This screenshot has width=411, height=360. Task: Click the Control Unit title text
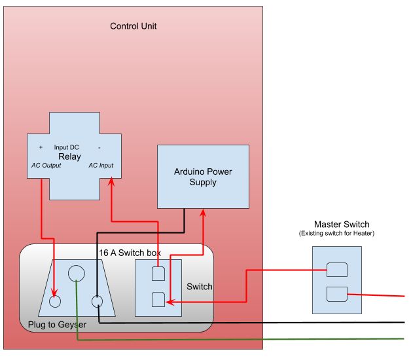coord(133,26)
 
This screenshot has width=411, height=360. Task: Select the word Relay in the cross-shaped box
coord(69,156)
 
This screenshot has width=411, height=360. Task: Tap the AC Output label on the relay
coord(46,166)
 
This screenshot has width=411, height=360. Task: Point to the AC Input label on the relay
coord(100,166)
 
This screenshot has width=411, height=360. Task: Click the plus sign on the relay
coord(41,147)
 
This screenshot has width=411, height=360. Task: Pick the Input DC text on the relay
coord(67,147)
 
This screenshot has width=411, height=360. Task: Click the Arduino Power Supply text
coord(203,177)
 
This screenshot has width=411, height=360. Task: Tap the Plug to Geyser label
coord(57,325)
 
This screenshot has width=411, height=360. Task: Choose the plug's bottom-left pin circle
coord(55,302)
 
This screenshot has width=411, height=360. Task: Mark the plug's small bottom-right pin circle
coord(98,302)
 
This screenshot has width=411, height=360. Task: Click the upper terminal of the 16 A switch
coord(158,273)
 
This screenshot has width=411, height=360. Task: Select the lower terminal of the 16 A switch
coord(158,300)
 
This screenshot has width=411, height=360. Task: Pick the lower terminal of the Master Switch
coord(336,294)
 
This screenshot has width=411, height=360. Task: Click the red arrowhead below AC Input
coord(111,185)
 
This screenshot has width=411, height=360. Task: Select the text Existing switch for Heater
coord(336,233)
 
